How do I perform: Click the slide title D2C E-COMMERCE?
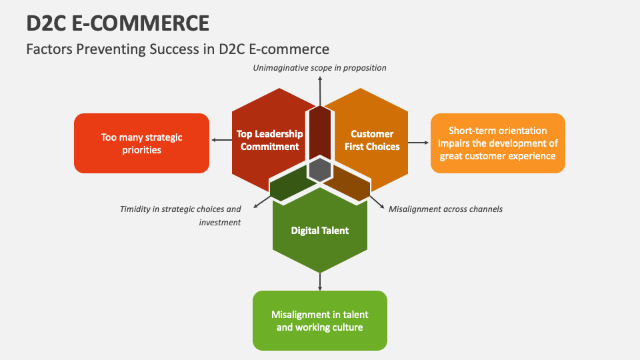pyautogui.click(x=117, y=23)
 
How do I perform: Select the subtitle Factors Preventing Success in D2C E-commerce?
pyautogui.click(x=177, y=49)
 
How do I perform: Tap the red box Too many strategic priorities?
pyautogui.click(x=141, y=143)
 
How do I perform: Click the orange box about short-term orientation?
pyautogui.click(x=497, y=143)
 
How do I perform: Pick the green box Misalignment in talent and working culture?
pyautogui.click(x=320, y=321)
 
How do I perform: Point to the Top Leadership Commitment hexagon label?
pyautogui.click(x=269, y=140)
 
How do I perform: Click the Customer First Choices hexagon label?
pyautogui.click(x=372, y=140)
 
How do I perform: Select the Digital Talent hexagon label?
pyautogui.click(x=320, y=231)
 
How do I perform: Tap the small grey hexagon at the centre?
pyautogui.click(x=320, y=169)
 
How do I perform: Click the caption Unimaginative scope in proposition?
pyautogui.click(x=320, y=67)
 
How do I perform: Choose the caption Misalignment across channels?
pyautogui.click(x=445, y=209)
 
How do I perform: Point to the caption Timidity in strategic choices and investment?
pyautogui.click(x=181, y=215)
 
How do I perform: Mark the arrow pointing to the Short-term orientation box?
pyautogui.click(x=418, y=142)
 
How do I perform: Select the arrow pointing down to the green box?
pyautogui.click(x=320, y=281)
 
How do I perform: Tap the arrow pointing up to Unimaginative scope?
pyautogui.click(x=320, y=89)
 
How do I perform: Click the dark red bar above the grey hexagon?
pyautogui.click(x=320, y=130)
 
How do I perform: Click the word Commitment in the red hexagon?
pyautogui.click(x=269, y=147)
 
